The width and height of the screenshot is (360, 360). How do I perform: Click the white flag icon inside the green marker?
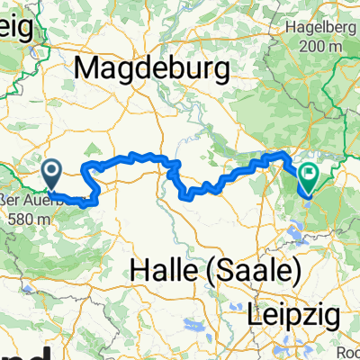[x=310, y=174]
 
